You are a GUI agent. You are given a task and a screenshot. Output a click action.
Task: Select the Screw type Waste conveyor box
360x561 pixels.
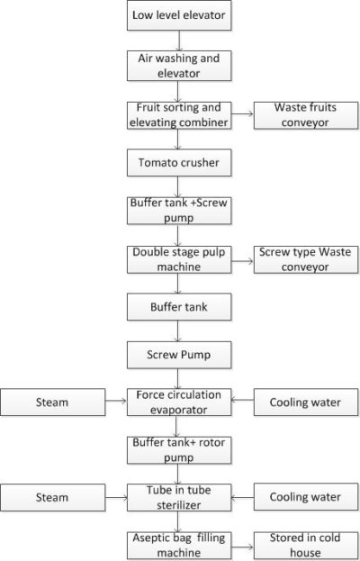pos(307,259)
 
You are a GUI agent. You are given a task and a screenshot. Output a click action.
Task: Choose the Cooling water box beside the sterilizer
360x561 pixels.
pos(307,496)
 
